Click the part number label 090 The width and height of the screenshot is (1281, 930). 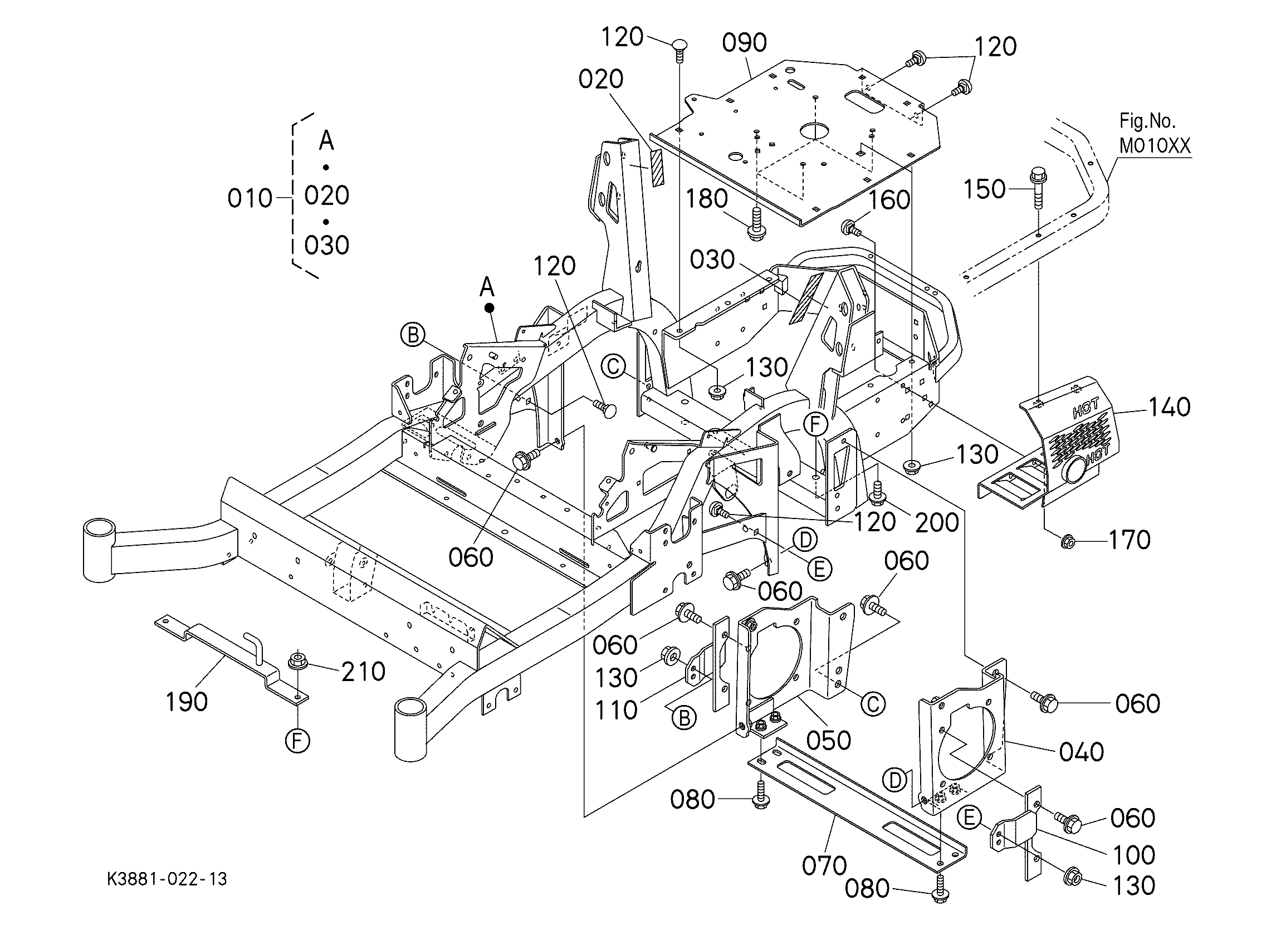(x=745, y=43)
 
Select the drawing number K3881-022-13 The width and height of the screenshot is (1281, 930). (x=168, y=879)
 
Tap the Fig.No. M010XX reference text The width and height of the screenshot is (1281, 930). (x=1155, y=134)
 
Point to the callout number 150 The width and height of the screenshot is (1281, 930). (x=985, y=189)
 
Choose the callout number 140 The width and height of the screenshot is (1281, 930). (x=1168, y=407)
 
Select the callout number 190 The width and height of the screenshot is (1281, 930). (x=187, y=702)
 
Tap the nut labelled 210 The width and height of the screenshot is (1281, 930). (x=297, y=661)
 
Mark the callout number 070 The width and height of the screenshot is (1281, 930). (x=825, y=865)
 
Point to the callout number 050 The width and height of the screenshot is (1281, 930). (x=829, y=740)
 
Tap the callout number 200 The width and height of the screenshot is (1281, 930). (x=937, y=523)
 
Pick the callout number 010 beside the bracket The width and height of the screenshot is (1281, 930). (x=250, y=199)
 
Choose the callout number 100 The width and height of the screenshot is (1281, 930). (x=1133, y=855)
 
